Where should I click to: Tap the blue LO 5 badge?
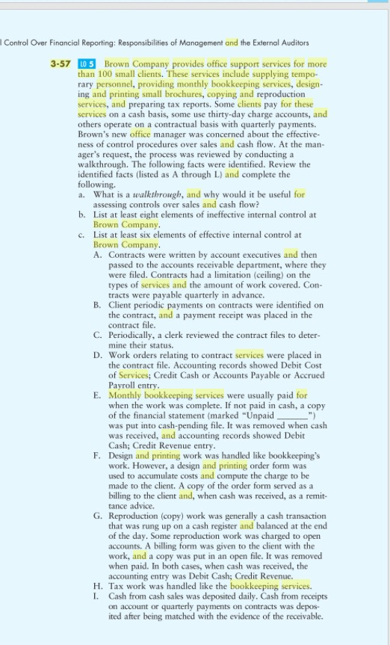(x=87, y=64)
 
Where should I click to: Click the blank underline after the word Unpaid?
(x=293, y=414)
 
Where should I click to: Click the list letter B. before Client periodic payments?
(x=98, y=304)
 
